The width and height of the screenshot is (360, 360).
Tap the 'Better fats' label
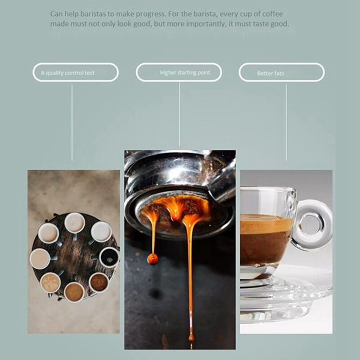270,73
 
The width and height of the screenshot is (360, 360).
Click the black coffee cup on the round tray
109,257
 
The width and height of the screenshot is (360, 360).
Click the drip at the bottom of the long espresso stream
191,337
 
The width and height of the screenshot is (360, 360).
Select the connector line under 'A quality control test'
72,121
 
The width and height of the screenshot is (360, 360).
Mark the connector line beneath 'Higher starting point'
179,115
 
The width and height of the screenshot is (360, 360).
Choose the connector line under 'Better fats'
286,121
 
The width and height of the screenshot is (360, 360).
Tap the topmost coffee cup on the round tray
74,222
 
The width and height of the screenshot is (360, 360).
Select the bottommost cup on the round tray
74,292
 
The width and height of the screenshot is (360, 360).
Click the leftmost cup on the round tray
40,258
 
